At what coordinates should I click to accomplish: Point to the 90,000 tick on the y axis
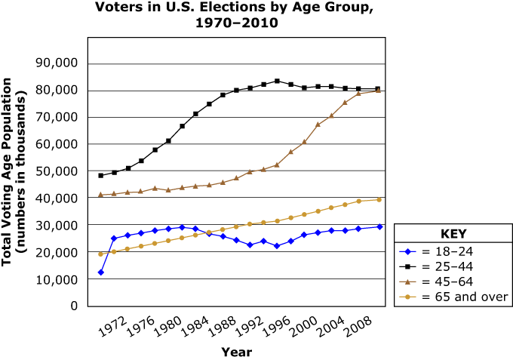coord(58,63)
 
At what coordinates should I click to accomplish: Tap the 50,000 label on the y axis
coord(58,171)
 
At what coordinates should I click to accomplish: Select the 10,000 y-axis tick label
coord(58,279)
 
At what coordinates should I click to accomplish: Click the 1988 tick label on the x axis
coord(221,327)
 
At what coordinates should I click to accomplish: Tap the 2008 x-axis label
coord(357,327)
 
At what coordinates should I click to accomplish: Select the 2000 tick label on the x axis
coord(303,327)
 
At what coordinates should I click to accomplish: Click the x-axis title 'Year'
coord(236,352)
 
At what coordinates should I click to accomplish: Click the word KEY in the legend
coord(451,233)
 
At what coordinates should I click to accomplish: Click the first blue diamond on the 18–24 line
coord(100,272)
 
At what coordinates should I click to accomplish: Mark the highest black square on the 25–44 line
coord(277,81)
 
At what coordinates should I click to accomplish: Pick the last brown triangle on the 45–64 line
coord(378,90)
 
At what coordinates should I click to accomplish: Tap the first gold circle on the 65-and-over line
coord(100,254)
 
